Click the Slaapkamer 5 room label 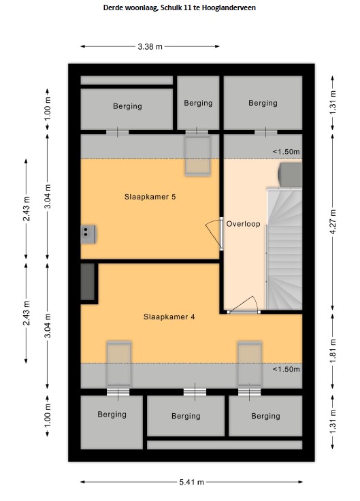(150, 197)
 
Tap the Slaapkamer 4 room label (169, 317)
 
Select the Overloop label (244, 224)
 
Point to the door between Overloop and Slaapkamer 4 (244, 305)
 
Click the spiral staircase (284, 249)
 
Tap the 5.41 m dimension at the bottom (191, 482)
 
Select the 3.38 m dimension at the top (150, 47)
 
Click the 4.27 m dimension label (333, 222)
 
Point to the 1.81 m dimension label (333, 351)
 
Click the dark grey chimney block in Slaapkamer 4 (88, 282)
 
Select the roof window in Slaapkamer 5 (198, 156)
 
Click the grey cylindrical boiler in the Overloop (290, 174)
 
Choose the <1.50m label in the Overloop (287, 152)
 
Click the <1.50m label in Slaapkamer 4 (287, 370)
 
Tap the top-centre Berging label (198, 103)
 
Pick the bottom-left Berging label (112, 415)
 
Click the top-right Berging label (263, 103)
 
